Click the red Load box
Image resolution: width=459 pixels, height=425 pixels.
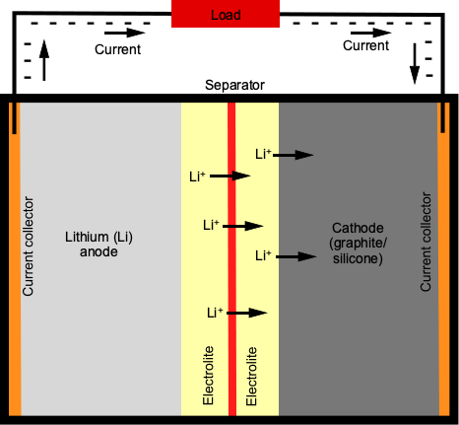click(x=226, y=14)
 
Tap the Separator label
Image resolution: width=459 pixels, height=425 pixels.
click(x=234, y=85)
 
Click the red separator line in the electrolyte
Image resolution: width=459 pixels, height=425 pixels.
click(x=231, y=259)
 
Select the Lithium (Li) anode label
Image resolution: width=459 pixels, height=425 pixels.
click(x=98, y=245)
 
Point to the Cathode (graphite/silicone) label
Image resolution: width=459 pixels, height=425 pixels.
click(x=358, y=244)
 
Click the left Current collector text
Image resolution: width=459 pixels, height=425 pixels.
click(x=28, y=247)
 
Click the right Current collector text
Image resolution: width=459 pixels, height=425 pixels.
click(x=426, y=242)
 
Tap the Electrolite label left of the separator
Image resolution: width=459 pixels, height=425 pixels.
click(x=208, y=376)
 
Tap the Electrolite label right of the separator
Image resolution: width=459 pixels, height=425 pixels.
click(x=251, y=376)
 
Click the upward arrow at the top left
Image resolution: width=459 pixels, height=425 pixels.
click(x=44, y=60)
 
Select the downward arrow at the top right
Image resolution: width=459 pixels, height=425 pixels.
click(x=415, y=63)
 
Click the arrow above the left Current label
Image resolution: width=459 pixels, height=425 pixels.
click(x=124, y=33)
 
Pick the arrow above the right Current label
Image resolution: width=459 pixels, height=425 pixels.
click(x=371, y=33)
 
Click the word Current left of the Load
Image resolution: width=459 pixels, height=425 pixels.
click(x=117, y=49)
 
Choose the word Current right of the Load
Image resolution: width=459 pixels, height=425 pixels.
click(x=365, y=45)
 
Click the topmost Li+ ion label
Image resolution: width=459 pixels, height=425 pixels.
click(x=263, y=154)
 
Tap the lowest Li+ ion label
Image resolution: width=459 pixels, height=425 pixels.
click(x=215, y=313)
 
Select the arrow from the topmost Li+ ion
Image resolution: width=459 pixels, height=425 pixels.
click(x=294, y=155)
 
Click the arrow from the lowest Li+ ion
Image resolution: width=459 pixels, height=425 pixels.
click(x=247, y=313)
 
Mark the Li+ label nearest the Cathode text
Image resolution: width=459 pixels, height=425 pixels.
click(x=263, y=255)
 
